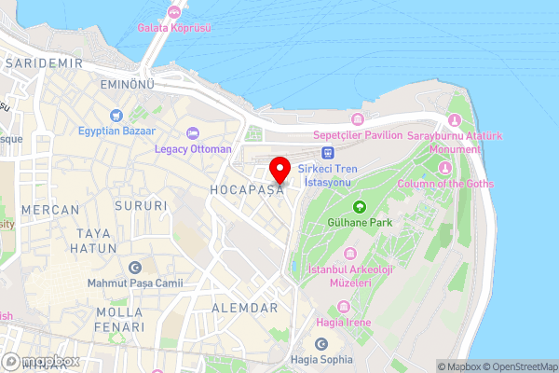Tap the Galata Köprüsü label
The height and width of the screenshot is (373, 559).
coord(174,28)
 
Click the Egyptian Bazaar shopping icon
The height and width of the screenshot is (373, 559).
coord(115,116)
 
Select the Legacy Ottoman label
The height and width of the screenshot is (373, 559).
coord(193,149)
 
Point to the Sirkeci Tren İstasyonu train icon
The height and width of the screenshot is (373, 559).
coord(327,152)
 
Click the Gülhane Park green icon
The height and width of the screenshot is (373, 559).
coord(359,206)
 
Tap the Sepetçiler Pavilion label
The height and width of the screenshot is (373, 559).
coord(358,134)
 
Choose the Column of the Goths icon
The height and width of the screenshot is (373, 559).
coord(445,168)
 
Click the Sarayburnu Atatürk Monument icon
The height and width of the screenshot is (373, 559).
coord(455,120)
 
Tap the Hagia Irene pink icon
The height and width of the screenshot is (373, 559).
coord(347,306)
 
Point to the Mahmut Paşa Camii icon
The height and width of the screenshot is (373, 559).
coord(135,268)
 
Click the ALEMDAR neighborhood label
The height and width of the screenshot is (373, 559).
coord(244,308)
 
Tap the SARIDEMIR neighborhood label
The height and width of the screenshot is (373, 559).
coord(44,62)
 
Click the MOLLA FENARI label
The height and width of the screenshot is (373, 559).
coord(120,319)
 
